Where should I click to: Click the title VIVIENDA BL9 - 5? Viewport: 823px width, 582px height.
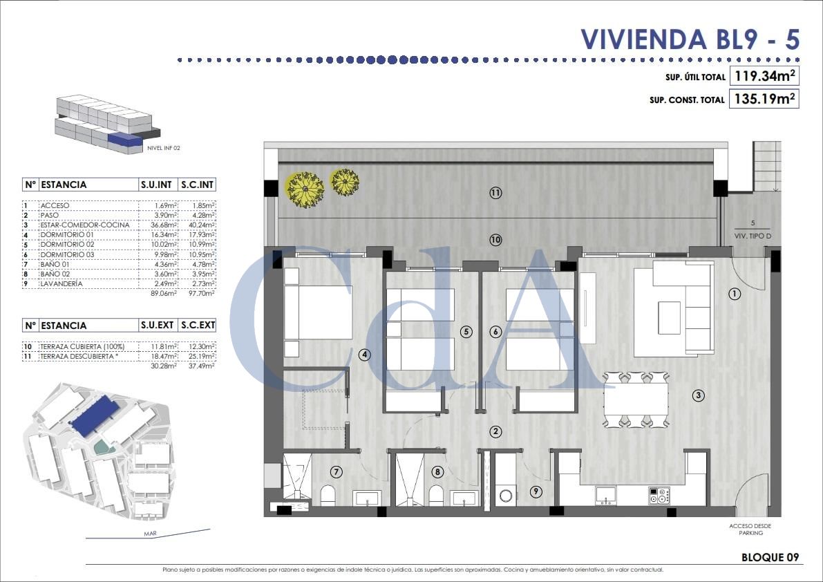click(x=690, y=39)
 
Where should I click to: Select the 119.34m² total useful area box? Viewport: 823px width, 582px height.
click(x=764, y=76)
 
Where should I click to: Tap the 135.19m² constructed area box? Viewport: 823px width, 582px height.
click(x=764, y=99)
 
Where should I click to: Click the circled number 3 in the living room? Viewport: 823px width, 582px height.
click(x=699, y=395)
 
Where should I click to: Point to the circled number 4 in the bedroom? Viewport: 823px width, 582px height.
click(x=365, y=355)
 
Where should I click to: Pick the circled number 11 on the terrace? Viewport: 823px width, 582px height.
click(x=495, y=193)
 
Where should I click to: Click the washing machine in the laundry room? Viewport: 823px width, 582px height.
click(x=507, y=495)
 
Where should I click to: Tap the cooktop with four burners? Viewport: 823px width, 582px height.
click(x=658, y=495)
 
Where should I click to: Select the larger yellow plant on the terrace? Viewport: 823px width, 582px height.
click(x=305, y=189)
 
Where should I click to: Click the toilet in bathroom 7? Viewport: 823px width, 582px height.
click(x=328, y=495)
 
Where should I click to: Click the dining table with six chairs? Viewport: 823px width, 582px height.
click(x=636, y=399)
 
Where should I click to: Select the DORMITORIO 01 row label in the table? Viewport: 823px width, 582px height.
click(x=66, y=235)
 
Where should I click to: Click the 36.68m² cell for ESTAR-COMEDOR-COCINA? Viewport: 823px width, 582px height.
click(x=160, y=225)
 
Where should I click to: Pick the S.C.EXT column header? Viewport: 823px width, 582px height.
click(x=197, y=325)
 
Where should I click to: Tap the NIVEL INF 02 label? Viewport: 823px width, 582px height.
click(x=164, y=148)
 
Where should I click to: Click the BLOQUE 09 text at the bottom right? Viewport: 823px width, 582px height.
click(x=770, y=557)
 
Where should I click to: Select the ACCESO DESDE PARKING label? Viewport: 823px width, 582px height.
click(x=750, y=529)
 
